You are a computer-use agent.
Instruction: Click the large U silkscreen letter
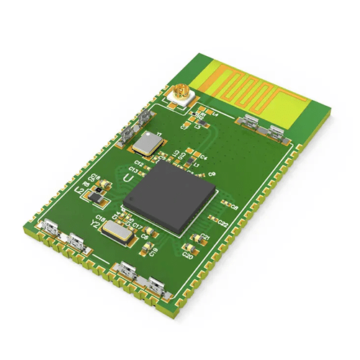[127, 176]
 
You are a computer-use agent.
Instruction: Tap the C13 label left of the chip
[133, 170]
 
